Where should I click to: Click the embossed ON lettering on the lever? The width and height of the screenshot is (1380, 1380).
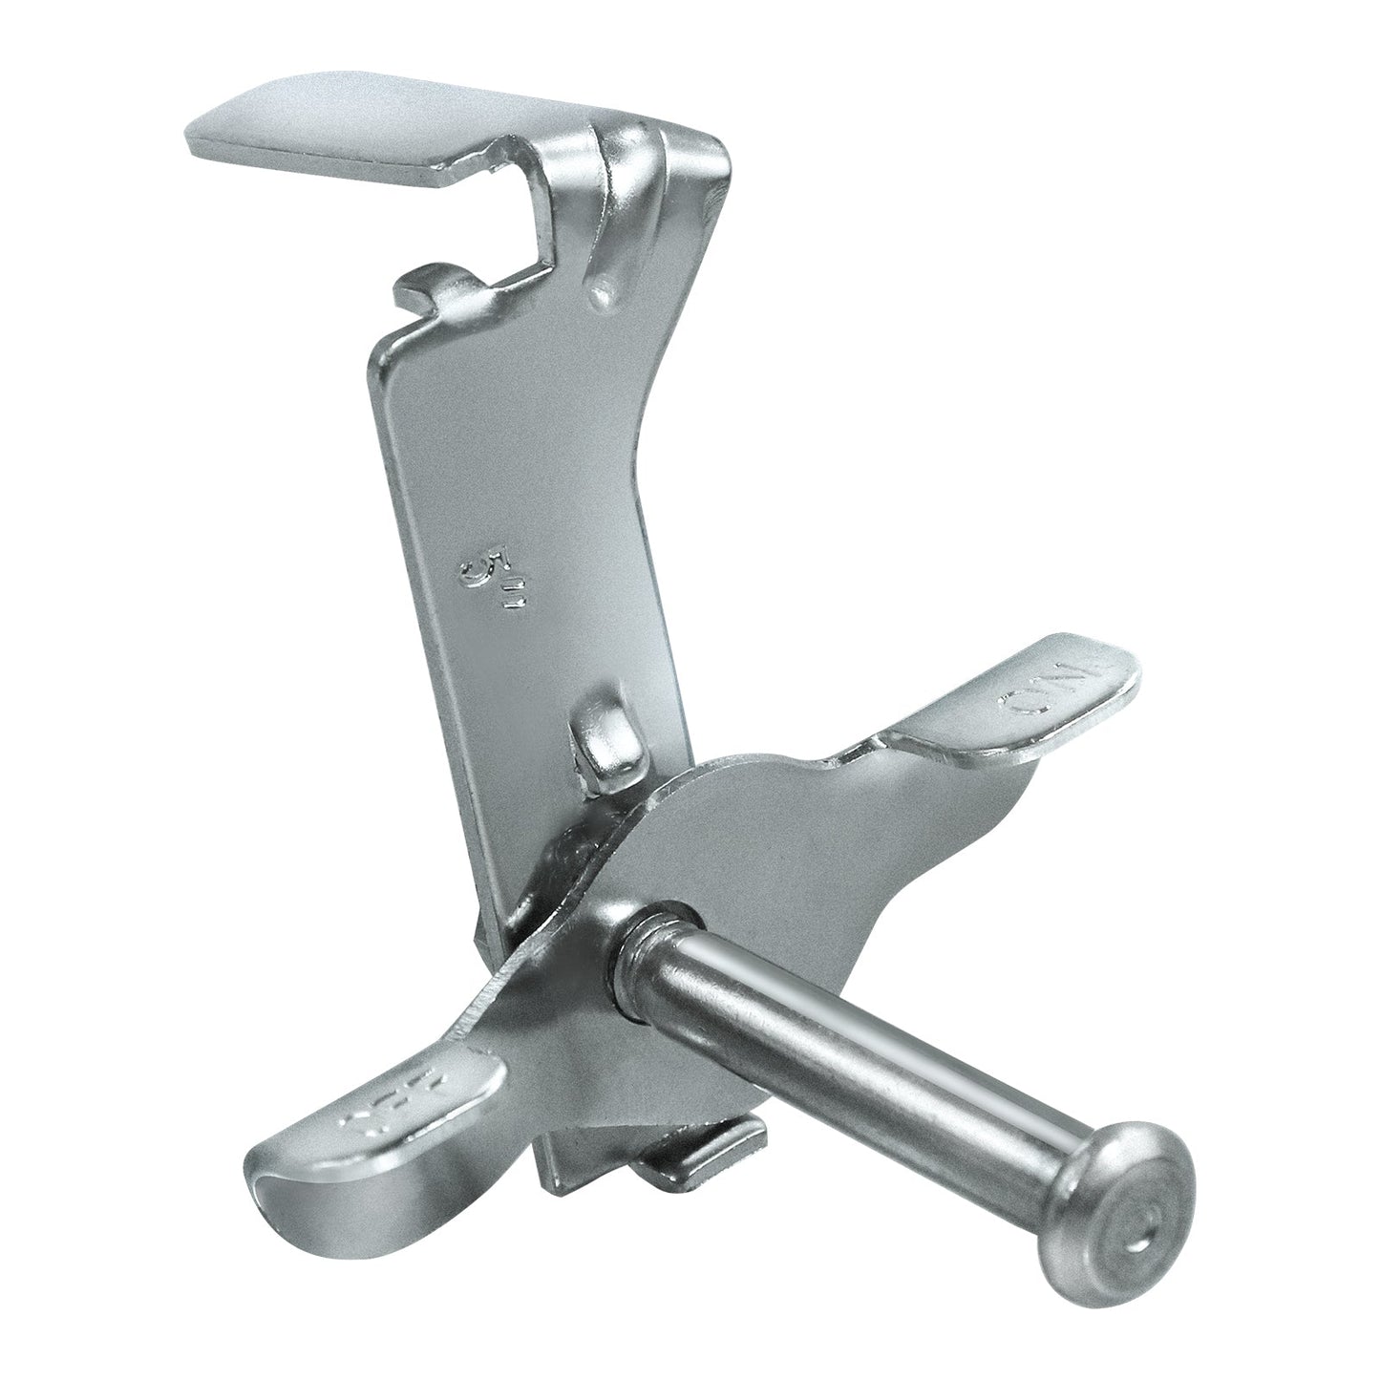[x=1056, y=690]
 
